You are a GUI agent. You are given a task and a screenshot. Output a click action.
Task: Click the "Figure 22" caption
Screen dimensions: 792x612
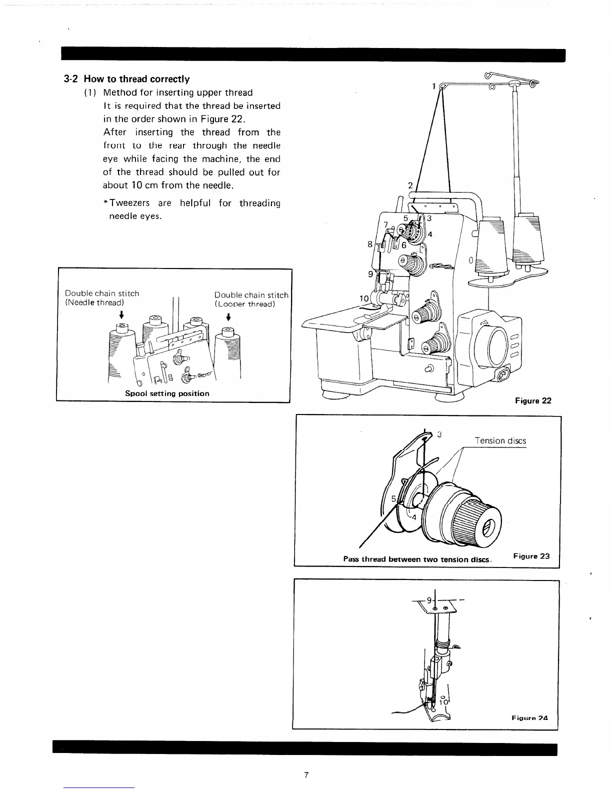pos(533,400)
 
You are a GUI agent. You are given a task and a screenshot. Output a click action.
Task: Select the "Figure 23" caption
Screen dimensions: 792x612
pos(531,556)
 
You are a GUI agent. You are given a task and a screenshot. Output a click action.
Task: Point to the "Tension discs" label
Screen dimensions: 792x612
pos(500,440)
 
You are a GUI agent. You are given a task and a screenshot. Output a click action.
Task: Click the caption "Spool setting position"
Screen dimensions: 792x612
pos(167,393)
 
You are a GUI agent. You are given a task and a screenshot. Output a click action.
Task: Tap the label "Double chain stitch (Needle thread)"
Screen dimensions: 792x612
pos(102,297)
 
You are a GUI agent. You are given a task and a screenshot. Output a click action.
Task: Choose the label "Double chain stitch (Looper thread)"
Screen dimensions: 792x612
pos(251,299)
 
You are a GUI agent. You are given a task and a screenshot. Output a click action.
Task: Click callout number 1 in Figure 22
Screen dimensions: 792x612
pos(433,85)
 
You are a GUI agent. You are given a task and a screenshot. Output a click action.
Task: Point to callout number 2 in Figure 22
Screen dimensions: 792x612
pos(410,185)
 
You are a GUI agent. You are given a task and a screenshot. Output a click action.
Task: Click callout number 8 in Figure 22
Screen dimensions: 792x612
pos(370,244)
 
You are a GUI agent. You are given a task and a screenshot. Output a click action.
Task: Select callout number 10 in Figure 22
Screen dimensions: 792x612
pos(364,298)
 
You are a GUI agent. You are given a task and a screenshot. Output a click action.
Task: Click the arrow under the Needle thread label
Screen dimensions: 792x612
pos(121,314)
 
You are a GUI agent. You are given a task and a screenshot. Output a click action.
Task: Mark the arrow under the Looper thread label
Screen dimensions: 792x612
pos(228,316)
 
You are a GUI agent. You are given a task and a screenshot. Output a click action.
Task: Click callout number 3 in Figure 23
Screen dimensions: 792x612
pos(439,434)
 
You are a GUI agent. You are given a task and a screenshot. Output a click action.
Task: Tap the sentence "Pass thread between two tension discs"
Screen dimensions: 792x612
pos(417,559)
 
